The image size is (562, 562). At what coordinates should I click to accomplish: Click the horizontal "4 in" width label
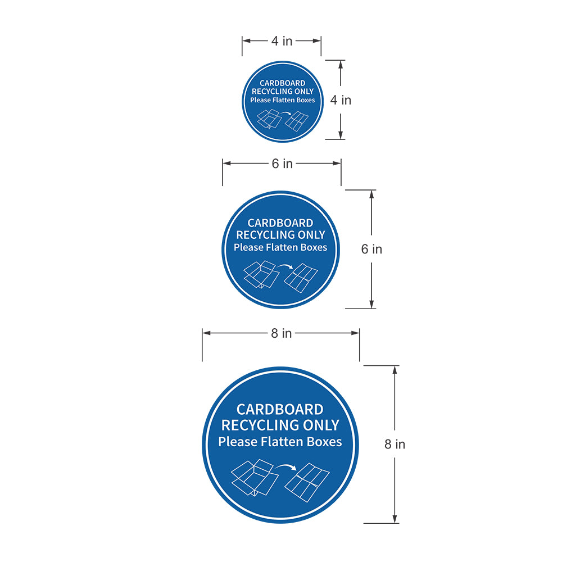(282, 40)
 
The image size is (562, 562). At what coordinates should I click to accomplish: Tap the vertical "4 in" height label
(341, 100)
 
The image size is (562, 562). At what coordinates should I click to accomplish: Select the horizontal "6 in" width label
(282, 164)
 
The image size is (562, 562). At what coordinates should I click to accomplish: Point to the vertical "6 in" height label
(371, 249)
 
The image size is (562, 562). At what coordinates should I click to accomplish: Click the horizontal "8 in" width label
(282, 333)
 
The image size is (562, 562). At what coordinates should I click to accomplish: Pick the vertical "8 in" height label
(395, 444)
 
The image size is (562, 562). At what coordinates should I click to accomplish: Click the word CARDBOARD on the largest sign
(280, 409)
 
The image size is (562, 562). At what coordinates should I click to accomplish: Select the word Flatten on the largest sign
(283, 442)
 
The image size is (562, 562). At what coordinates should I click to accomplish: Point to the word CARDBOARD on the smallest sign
(283, 83)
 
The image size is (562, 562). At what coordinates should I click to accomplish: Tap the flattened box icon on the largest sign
(307, 482)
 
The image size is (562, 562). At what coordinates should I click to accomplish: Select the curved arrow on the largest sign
(288, 466)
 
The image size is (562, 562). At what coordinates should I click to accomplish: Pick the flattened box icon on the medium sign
(301, 278)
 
